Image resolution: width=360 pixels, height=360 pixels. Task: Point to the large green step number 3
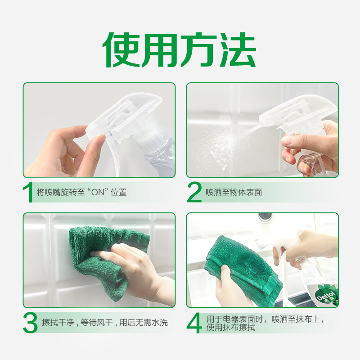tap(30, 323)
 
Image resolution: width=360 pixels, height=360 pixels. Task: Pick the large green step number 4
tap(194, 323)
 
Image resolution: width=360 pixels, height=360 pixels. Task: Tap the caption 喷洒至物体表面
tap(234, 192)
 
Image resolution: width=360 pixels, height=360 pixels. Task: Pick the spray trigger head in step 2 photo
tap(297, 112)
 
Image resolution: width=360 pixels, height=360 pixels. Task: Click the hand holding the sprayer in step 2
tap(315, 144)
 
